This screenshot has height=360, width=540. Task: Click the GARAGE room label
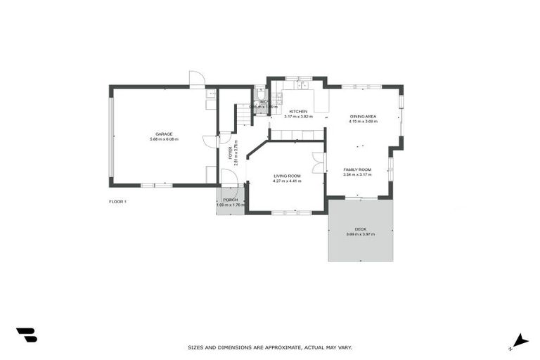click(164, 134)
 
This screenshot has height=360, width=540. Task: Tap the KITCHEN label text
click(298, 111)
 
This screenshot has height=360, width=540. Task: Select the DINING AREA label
click(363, 115)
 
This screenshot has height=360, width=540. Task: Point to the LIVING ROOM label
click(287, 176)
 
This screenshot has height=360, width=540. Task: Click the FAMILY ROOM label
click(357, 169)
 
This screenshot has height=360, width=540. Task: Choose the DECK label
click(361, 229)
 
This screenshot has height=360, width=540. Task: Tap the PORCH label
click(230, 200)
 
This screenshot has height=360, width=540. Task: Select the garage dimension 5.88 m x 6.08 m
click(164, 139)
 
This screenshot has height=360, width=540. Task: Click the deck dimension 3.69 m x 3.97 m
click(361, 235)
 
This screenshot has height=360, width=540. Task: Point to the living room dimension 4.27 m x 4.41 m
click(287, 181)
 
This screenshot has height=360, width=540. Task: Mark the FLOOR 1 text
click(117, 202)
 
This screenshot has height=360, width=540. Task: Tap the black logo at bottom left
click(26, 335)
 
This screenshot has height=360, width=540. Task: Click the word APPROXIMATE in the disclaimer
click(282, 347)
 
